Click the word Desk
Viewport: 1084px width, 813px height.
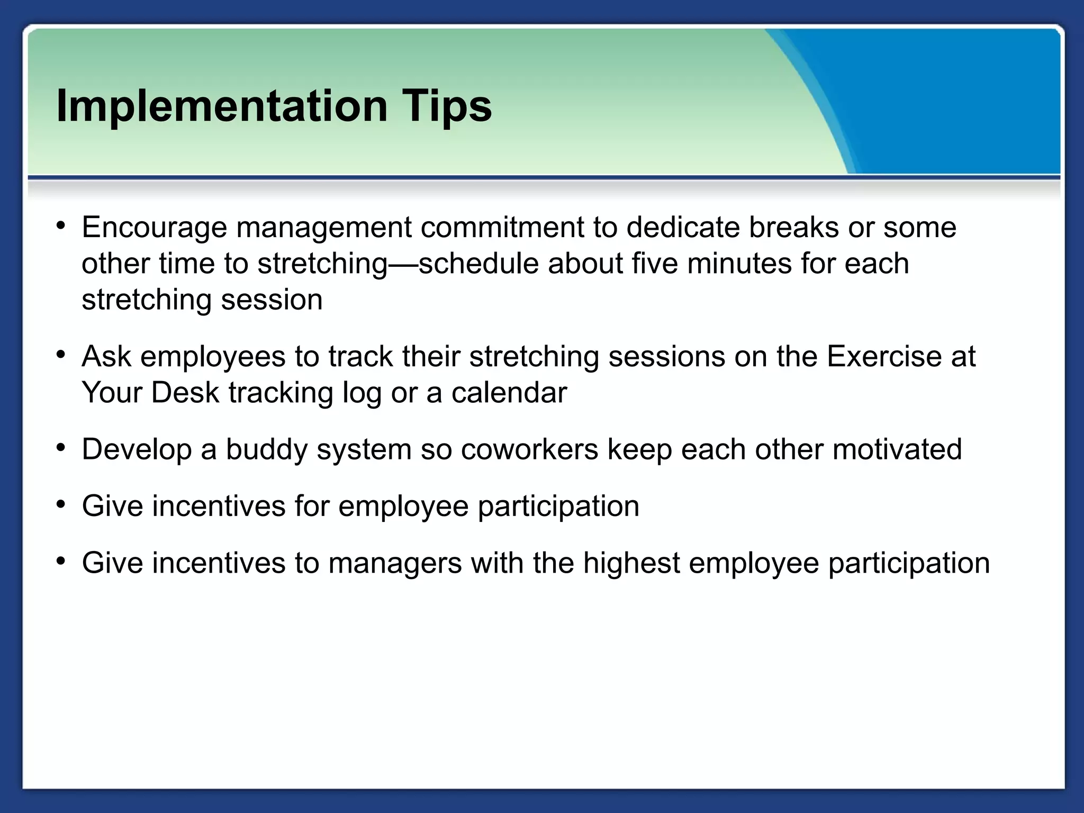click(185, 393)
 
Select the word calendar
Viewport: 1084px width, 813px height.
click(509, 393)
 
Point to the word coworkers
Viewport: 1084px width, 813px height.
click(529, 449)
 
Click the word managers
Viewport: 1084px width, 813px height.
click(395, 563)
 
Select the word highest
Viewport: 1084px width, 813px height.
click(631, 563)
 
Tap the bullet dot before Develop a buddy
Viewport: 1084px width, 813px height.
click(61, 448)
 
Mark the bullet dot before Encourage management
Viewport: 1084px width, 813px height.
click(61, 226)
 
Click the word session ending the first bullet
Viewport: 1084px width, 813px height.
click(272, 300)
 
